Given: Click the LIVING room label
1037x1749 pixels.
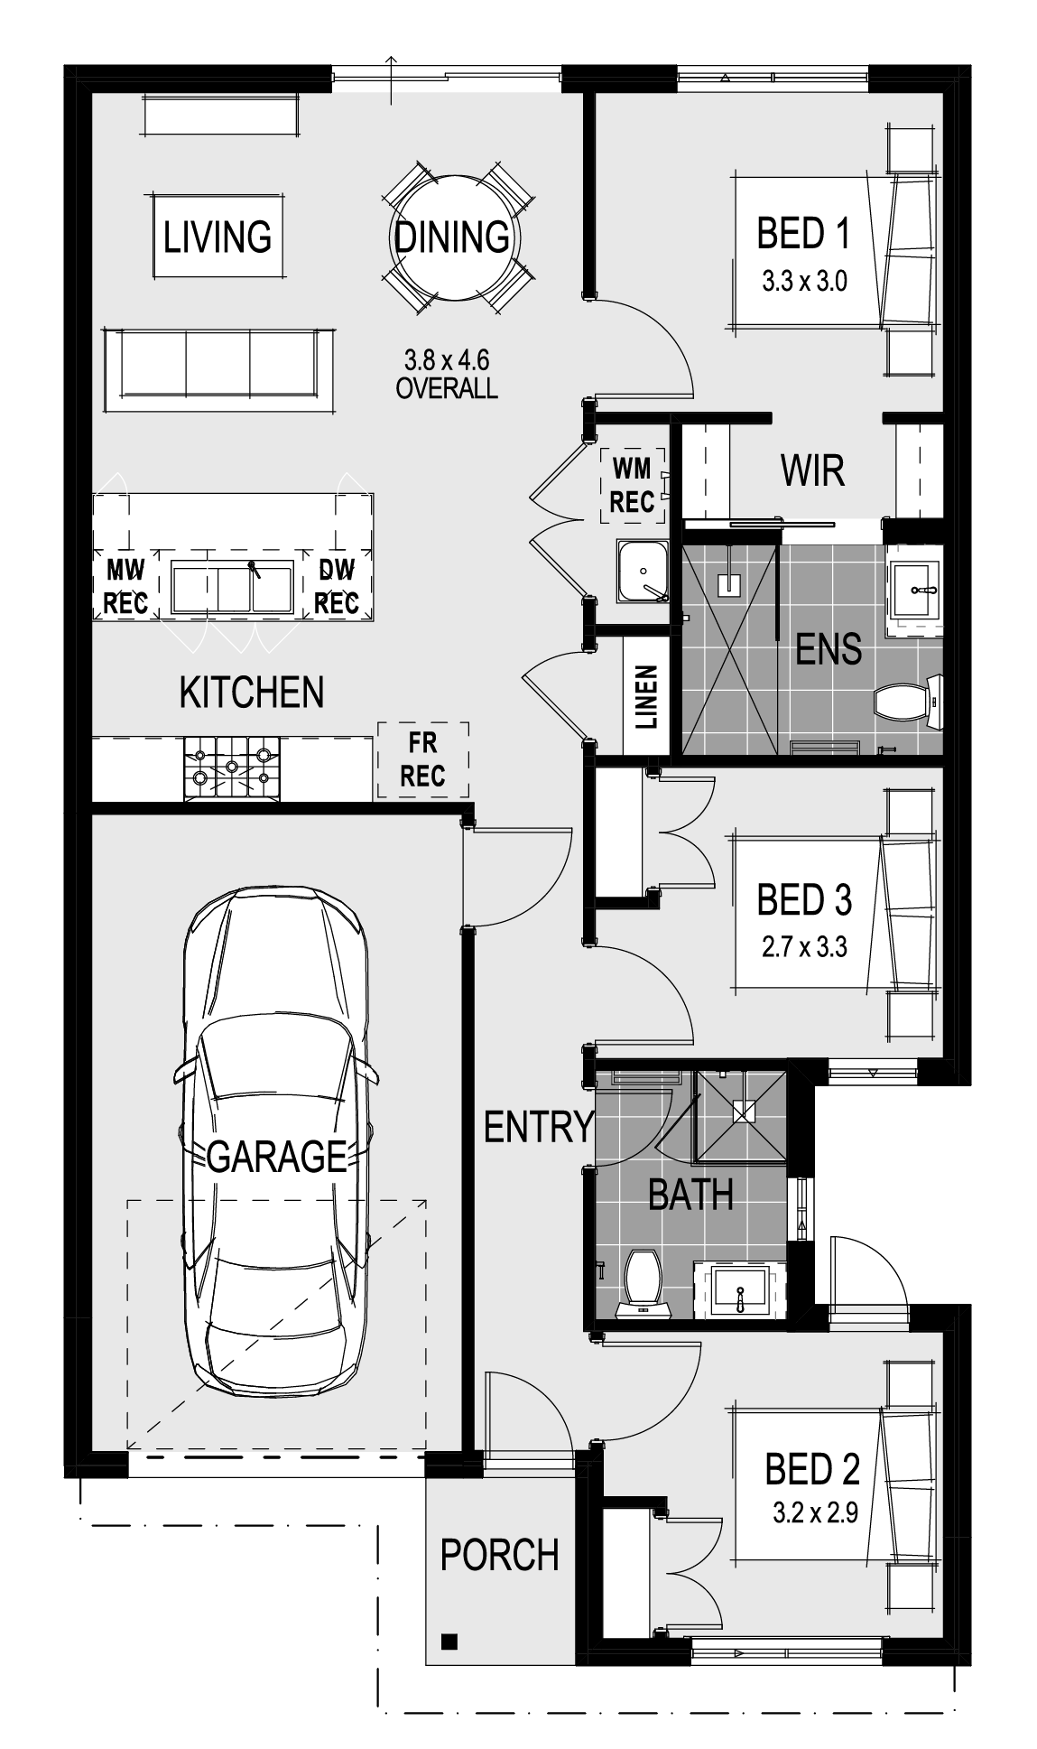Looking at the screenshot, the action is point(218,237).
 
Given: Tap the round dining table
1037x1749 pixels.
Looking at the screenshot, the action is point(452,237).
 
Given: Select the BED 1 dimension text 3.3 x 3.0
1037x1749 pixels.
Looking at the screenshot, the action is point(804,282).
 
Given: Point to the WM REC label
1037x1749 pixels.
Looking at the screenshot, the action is point(632,486).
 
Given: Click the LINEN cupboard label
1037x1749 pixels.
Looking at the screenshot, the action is point(647,698).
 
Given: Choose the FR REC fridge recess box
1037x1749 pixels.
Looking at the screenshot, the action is point(423,759).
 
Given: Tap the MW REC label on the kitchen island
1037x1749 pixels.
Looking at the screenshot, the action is point(125,586).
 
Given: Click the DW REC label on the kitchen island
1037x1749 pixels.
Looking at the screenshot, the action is point(337,586).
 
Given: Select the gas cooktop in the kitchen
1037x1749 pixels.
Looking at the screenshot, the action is point(232,768).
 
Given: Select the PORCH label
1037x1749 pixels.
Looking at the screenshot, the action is point(500,1555).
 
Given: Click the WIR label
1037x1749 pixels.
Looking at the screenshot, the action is point(812,470).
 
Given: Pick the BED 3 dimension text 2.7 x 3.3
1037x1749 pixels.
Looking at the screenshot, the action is point(804,947).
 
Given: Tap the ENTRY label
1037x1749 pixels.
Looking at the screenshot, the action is point(539,1127).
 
